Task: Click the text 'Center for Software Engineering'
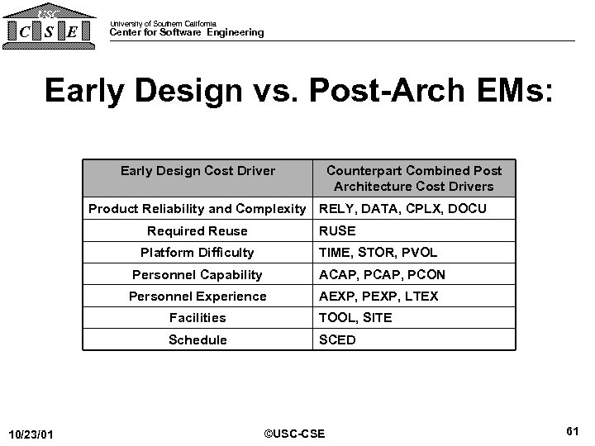(x=187, y=33)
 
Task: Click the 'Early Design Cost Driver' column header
(x=198, y=171)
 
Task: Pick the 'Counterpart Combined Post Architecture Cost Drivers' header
(x=413, y=178)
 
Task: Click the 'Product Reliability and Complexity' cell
(x=197, y=209)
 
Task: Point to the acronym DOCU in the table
(x=467, y=209)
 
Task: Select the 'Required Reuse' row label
(x=197, y=231)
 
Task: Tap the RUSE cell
(x=337, y=231)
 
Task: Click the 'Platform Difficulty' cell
(x=197, y=253)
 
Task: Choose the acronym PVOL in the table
(x=418, y=253)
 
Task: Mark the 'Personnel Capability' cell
(x=197, y=274)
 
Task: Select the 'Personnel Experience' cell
(x=197, y=296)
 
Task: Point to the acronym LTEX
(x=420, y=296)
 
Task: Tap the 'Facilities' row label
(x=197, y=317)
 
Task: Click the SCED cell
(x=337, y=339)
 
